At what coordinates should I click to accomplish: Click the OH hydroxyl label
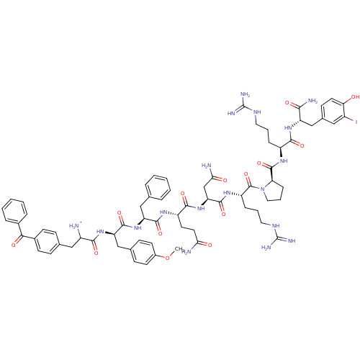pos(353,96)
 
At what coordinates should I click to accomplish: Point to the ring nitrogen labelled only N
pos(264,188)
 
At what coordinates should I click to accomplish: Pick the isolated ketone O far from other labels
pos(13,244)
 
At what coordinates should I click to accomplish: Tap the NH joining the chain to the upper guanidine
pos(256,112)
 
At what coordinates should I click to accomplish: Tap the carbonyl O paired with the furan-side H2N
pos(209,244)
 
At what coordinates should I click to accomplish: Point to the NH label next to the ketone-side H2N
pos(101,232)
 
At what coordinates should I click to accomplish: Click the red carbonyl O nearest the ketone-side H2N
pos(95,253)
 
